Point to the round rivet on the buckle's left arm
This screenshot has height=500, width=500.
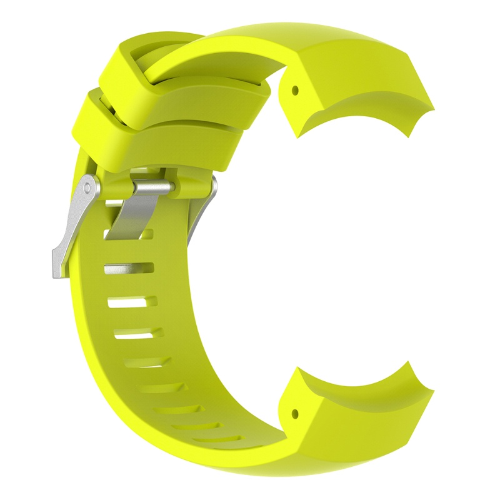[x=90, y=186]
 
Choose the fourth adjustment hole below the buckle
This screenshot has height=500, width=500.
[x=137, y=336]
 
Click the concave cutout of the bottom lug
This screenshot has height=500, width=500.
[x=362, y=381]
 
